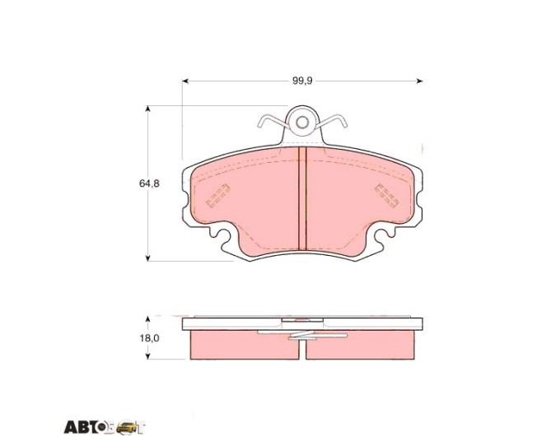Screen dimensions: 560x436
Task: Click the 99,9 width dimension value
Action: (302, 81)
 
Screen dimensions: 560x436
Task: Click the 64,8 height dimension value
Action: (149, 183)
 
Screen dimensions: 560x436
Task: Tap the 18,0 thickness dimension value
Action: (149, 338)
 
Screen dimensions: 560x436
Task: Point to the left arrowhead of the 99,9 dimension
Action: (185, 81)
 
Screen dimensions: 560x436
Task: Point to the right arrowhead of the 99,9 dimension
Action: (420, 81)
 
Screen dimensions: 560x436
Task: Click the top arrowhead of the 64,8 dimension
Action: (147, 109)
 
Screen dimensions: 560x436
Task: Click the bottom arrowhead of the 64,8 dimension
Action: (147, 258)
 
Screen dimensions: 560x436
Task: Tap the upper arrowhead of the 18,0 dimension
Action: (147, 319)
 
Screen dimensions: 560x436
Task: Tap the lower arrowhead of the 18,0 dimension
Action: (147, 355)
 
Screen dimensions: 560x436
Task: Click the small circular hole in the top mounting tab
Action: (302, 123)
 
